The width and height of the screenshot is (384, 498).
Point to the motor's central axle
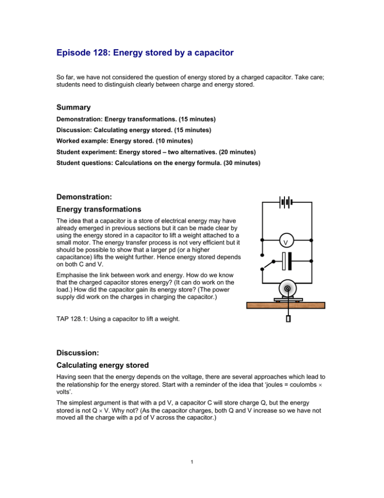pyautogui.click(x=286, y=289)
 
